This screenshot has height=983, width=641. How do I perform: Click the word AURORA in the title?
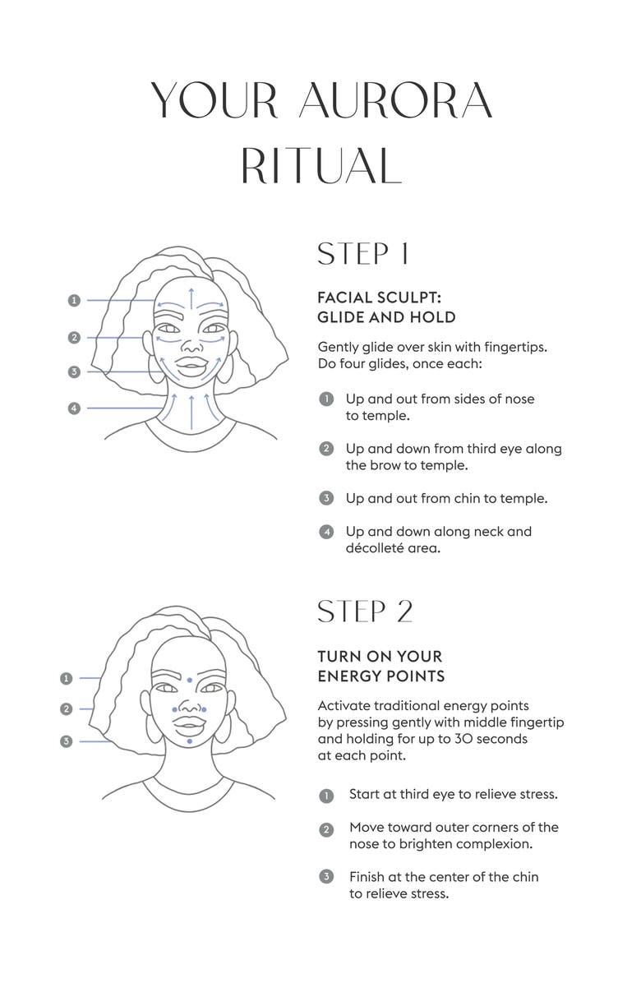coord(395,100)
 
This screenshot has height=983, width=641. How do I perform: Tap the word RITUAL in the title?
coord(320,165)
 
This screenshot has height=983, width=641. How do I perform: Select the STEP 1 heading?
coord(363,254)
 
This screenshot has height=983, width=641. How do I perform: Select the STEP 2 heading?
coord(366,611)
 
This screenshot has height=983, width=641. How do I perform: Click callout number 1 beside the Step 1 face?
coord(74,300)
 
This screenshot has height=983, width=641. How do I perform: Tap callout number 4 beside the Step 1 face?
coord(74,408)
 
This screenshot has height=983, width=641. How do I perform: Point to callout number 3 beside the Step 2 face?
coord(67,741)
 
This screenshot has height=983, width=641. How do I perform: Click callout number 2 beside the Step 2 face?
coord(67,709)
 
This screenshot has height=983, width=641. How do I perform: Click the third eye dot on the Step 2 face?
coord(189,679)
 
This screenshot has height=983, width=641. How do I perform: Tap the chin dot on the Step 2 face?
coord(189,741)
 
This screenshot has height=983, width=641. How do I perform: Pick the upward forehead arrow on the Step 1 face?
coord(191,300)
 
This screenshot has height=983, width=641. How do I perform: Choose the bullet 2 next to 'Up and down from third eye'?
coord(325,449)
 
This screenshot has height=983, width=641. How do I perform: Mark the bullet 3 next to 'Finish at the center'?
coord(325,876)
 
